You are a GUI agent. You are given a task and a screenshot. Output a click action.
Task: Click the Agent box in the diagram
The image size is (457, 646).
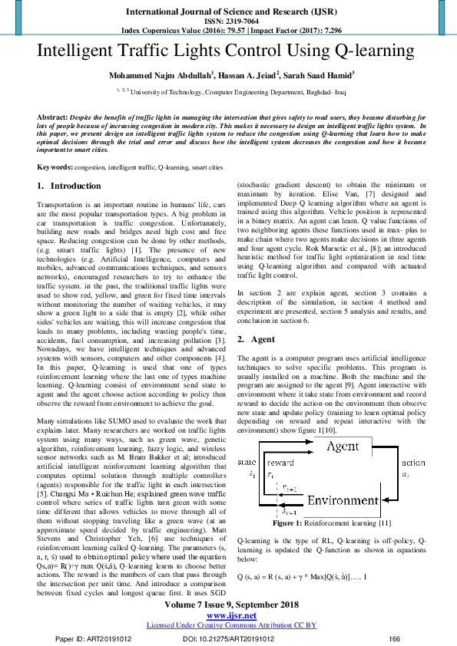[x=343, y=446]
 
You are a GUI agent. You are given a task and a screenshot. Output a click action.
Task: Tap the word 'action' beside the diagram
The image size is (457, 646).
[x=412, y=463]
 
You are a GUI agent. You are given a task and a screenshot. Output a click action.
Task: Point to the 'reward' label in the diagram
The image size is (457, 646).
[x=280, y=463]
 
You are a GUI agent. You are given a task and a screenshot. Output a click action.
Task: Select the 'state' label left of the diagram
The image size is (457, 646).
[x=247, y=463]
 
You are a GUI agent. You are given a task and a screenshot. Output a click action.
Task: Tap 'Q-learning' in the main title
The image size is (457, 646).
[x=369, y=52]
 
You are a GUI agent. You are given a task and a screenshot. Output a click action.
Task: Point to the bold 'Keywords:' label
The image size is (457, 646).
[x=55, y=166]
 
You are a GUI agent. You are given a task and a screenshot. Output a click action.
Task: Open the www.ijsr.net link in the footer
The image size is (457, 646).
[x=228, y=615]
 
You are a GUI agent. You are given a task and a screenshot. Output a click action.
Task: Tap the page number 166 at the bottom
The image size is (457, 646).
[x=395, y=638]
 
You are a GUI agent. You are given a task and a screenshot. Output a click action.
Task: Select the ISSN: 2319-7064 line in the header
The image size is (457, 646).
[x=228, y=22]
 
